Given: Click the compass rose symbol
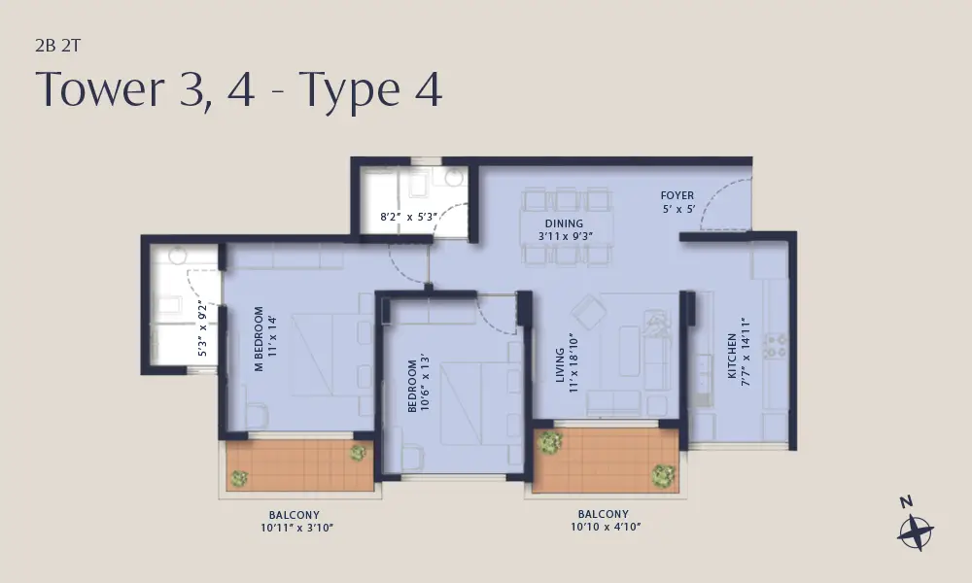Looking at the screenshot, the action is pos(916,532).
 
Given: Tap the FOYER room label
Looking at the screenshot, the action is pos(677,195).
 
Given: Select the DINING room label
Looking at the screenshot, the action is pos(564,223).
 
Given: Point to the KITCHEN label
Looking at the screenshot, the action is pos(732,356).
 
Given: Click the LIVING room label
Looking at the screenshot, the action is pos(560,365).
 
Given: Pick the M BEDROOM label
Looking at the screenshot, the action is pos(260,339).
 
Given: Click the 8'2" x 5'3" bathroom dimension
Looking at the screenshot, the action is pos(409,217).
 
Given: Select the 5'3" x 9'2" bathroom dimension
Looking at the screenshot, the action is pos(202,331).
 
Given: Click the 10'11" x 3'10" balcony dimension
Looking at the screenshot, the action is pos(296,528).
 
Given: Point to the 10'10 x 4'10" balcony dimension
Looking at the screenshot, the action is pos(606,527).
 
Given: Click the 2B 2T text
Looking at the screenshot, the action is pos(57,46).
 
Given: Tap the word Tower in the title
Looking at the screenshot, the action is pos(99,88).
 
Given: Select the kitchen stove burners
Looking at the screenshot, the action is pos(775,346).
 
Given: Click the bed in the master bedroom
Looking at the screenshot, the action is pos(326,355).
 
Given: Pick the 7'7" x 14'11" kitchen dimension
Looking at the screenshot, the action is pos(746,353).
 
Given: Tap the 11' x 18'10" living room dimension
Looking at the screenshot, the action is pos(573,363).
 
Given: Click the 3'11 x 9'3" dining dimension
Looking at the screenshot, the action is pos(566,236).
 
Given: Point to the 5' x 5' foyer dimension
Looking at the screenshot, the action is pos(678,209).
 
